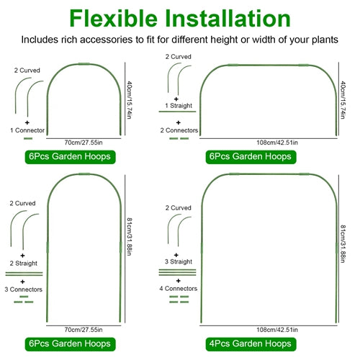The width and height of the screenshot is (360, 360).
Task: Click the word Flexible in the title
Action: (113, 19)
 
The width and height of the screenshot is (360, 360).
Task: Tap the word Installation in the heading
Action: (228, 19)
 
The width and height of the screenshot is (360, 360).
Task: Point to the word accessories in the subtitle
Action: (107, 40)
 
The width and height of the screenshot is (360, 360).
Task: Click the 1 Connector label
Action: (27, 130)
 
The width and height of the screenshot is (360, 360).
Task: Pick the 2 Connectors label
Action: (179, 130)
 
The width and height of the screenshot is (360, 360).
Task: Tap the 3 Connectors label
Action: (23, 289)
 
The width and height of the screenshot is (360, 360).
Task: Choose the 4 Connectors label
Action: (179, 289)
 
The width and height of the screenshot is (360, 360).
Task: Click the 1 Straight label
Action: (179, 106)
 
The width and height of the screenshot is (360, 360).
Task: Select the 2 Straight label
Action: (24, 264)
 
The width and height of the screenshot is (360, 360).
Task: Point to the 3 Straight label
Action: (179, 261)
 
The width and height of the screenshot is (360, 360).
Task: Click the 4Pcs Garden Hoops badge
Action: (251, 344)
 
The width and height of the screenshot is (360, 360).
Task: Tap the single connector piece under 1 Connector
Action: (28, 138)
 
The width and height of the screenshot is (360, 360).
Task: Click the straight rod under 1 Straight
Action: (177, 112)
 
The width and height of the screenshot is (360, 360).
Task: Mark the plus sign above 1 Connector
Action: (27, 122)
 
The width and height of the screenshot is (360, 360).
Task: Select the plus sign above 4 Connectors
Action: (178, 281)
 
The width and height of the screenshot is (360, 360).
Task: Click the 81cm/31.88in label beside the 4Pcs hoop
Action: (343, 244)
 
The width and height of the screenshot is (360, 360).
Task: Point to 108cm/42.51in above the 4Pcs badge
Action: (277, 330)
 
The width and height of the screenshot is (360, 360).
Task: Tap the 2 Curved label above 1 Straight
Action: (178, 57)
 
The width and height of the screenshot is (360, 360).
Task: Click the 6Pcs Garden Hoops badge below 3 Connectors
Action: (70, 344)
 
